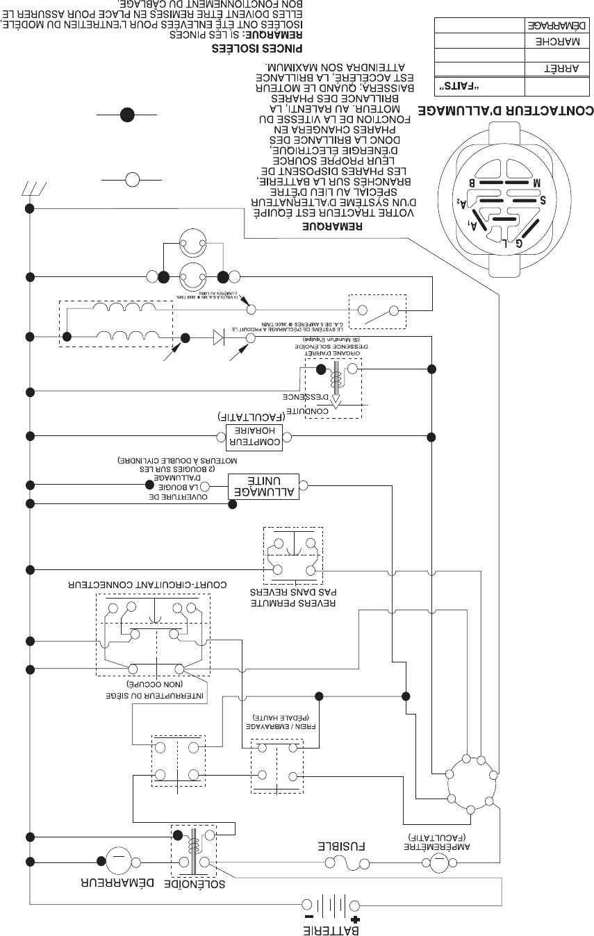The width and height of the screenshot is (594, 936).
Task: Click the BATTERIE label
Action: pos(329,928)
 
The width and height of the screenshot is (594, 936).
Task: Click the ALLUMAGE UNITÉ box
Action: pos(263,487)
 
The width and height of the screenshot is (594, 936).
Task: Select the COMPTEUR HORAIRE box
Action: pos(256,436)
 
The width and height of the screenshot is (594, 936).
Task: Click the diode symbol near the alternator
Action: pos(219,338)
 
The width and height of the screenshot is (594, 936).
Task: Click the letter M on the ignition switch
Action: pos(536,182)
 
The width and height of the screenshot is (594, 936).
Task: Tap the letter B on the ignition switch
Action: pos(472,182)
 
